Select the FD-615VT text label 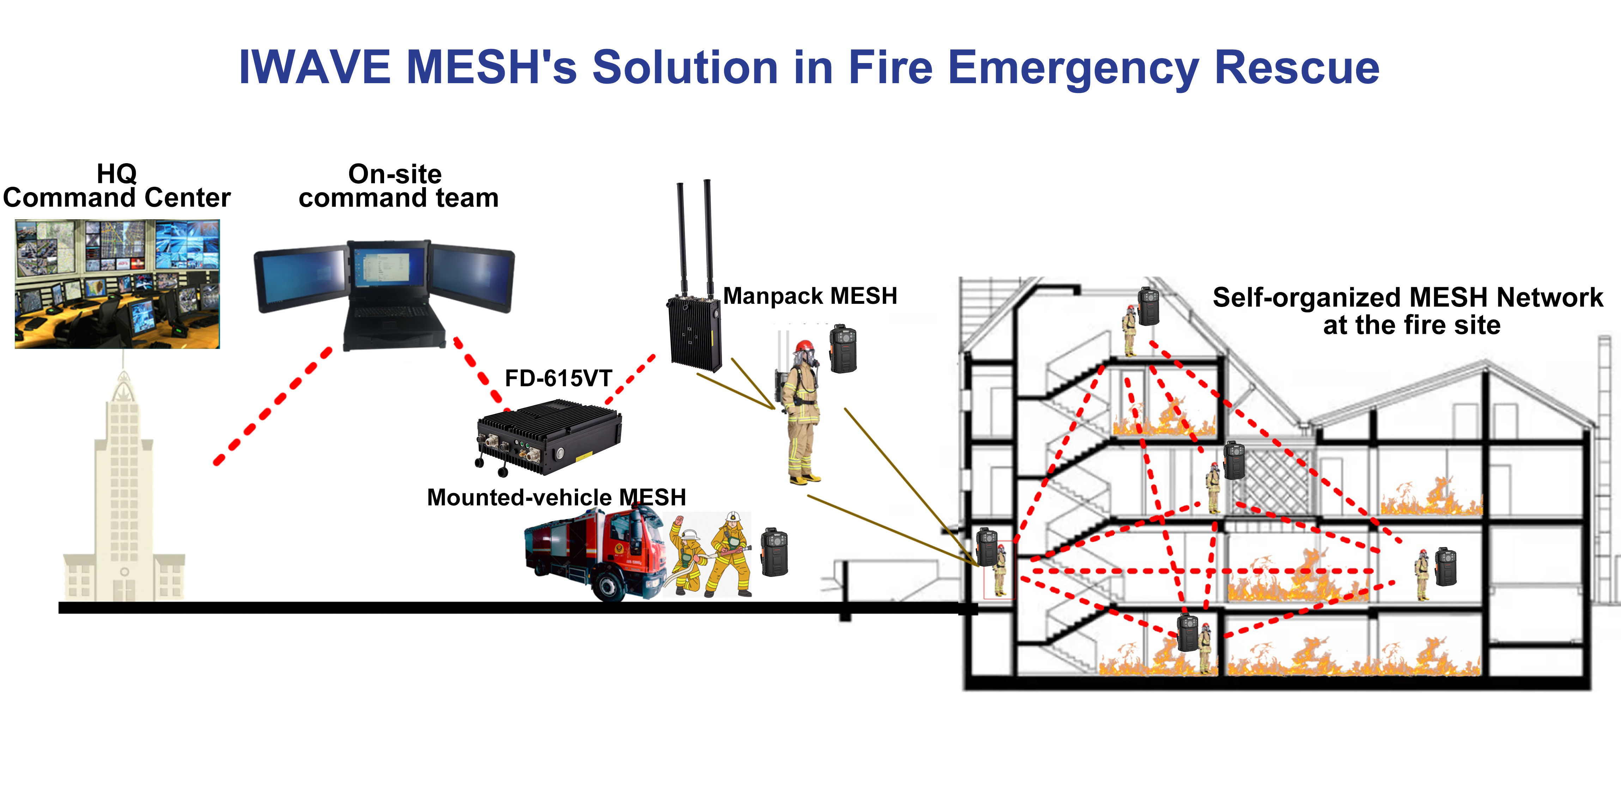[558, 379]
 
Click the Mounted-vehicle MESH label [556, 498]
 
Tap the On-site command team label [398, 186]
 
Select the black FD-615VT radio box [549, 437]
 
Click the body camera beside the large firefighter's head [843, 349]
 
